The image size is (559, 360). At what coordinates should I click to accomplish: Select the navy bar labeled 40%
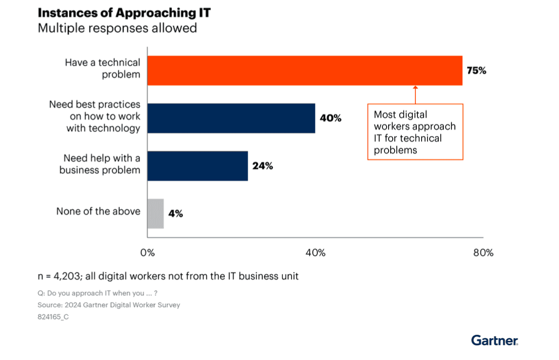point(231,118)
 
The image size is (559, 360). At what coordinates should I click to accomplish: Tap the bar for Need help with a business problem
point(198,166)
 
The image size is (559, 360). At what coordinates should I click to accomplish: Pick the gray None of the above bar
point(156,213)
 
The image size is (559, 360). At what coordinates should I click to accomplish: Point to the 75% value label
point(476,71)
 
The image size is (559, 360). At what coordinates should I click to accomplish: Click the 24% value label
point(263,166)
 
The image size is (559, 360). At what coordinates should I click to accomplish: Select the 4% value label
point(175,213)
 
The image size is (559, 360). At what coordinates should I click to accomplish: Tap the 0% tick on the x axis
point(147,253)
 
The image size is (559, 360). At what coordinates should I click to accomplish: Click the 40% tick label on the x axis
point(315,253)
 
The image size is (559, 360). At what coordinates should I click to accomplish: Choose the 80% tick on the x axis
point(483,253)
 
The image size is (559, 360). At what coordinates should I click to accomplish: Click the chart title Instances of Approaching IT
point(124,13)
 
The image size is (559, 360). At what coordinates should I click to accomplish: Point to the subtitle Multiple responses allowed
point(117,28)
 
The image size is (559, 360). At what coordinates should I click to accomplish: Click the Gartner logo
point(494,340)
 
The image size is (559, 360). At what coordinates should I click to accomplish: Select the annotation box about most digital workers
point(415,132)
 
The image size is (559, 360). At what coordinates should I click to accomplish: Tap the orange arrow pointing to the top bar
point(415,95)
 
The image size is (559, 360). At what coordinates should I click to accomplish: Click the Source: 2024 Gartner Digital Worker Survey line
point(109,305)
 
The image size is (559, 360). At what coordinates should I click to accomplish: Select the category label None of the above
point(98,211)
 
